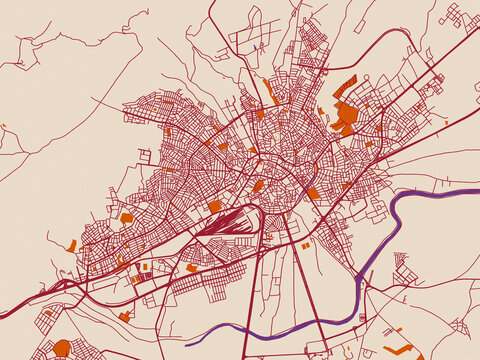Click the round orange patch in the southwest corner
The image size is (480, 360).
coord(62,348)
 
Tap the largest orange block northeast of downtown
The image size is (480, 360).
coord(345,114)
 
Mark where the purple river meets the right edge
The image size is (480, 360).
coord(477,189)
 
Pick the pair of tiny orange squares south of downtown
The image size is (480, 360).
coord(306,243)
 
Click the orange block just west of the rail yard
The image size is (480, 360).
coord(214,206)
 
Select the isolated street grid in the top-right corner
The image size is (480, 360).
coord(454,16)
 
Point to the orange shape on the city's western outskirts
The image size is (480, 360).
coord(73,245)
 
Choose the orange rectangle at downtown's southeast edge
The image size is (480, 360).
coord(313,194)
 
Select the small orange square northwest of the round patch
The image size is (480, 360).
coord(46,312)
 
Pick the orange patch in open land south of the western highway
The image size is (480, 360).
coord(125,316)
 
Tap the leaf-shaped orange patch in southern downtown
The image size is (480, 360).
coord(258,186)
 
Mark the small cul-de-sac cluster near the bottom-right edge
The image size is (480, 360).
coord(461,326)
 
